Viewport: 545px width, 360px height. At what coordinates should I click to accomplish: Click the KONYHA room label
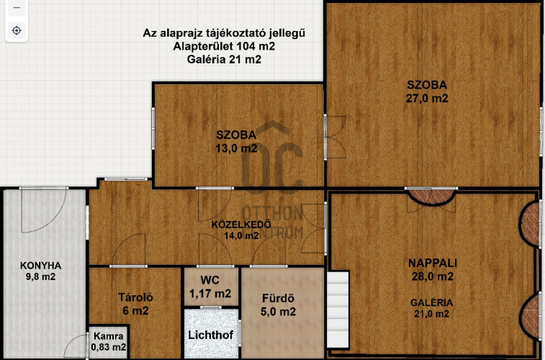coord(40,266)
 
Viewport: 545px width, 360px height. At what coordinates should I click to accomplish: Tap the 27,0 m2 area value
coord(427,99)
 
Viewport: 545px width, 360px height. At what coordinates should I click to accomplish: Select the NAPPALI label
coord(433,263)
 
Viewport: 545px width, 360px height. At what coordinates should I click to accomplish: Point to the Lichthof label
coord(211,335)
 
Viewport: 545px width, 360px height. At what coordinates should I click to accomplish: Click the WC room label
coord(210,280)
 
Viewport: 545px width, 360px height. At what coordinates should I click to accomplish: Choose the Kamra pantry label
coord(109,336)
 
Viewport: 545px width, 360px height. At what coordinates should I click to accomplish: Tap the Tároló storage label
coord(135,297)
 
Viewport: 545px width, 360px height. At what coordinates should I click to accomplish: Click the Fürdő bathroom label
coord(278,298)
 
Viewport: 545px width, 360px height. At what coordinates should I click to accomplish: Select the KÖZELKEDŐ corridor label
coord(241,225)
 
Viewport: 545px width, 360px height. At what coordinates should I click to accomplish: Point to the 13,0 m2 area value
coord(236,148)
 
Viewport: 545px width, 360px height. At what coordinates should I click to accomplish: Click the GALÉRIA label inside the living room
coord(432,302)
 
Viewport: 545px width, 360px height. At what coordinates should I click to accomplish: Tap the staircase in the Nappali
coord(338,310)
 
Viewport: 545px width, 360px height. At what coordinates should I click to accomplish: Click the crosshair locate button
coord(17,30)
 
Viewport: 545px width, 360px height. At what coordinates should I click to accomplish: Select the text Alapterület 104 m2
coord(224,46)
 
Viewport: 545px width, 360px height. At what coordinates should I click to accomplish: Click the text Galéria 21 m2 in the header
coord(224,60)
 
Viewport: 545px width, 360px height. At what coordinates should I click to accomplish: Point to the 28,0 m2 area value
coord(433,276)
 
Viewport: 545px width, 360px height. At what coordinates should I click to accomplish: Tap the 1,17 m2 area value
coord(210,294)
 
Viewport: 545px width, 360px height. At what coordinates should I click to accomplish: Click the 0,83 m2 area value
coord(109,347)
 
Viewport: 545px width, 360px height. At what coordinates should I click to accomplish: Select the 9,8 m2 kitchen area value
coord(40,277)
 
